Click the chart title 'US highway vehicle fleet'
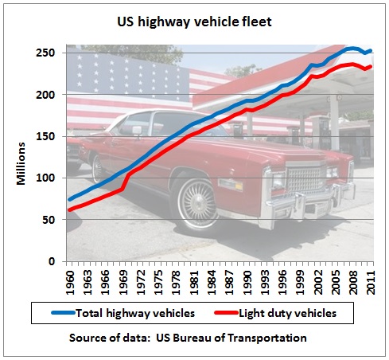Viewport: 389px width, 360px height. tap(194, 22)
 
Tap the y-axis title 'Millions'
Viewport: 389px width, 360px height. tap(21, 163)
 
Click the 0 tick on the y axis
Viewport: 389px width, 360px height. tap(52, 261)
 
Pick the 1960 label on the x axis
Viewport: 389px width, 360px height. tap(70, 283)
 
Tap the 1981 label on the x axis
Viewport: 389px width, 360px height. tap(194, 283)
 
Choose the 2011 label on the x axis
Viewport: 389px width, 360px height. tap(371, 283)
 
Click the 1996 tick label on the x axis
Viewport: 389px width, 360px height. tap(282, 283)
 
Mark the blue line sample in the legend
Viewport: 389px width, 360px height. tap(63, 313)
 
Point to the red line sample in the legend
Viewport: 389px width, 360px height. tap(226, 313)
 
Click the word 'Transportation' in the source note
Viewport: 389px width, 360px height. tap(267, 338)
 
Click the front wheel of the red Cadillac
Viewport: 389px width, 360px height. tap(196, 203)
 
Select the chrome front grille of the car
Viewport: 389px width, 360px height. tap(305, 178)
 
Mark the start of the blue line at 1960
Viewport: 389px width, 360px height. tap(69, 200)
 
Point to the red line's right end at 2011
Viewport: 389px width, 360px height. tap(371, 66)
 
